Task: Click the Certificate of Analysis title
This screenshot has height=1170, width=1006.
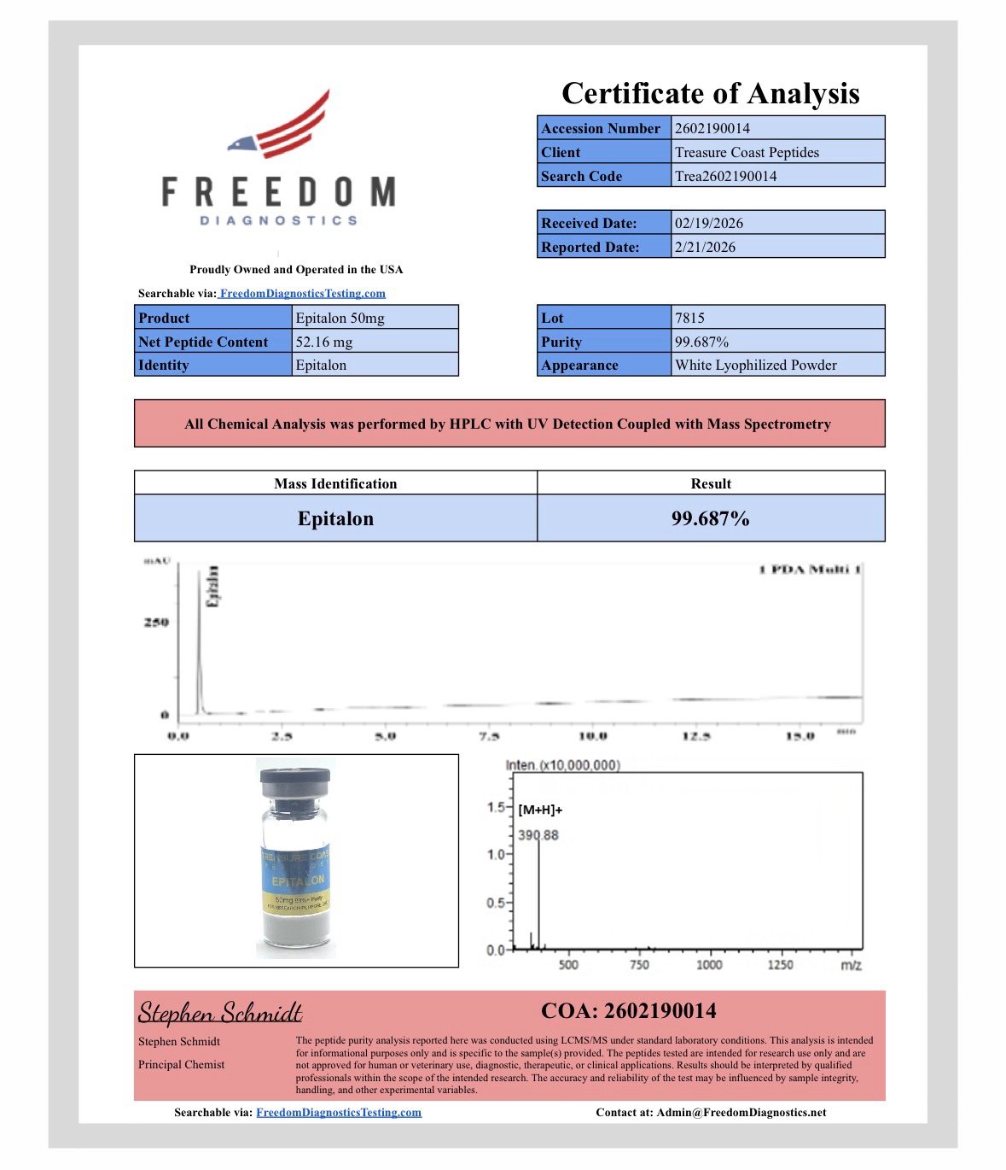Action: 710,93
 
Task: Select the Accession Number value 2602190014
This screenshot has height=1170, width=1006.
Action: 712,128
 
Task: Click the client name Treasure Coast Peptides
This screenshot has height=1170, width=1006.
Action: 747,152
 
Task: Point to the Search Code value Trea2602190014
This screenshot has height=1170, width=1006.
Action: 725,176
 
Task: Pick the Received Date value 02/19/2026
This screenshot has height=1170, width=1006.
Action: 709,223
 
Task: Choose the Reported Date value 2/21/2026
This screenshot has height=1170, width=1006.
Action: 705,247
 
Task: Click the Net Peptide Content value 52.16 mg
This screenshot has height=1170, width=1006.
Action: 324,342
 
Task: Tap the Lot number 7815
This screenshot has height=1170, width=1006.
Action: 689,318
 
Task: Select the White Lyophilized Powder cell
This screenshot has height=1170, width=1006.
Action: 756,365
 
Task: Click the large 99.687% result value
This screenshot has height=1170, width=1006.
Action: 710,518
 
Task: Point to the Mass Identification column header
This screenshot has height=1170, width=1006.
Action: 335,483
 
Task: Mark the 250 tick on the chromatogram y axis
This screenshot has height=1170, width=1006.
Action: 156,623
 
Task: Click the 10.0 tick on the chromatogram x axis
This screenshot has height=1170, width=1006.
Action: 593,735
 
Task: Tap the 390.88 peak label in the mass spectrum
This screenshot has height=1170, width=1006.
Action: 538,835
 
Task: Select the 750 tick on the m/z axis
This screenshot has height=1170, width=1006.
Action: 639,965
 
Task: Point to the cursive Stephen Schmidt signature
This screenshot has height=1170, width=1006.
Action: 220,1013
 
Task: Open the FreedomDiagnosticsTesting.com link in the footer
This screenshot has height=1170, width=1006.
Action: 339,1112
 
